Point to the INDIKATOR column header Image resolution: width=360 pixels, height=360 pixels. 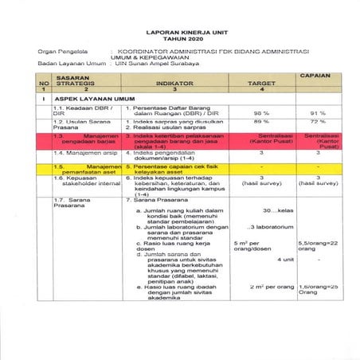pos(176,82)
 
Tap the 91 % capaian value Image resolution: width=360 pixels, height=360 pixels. pos(318,112)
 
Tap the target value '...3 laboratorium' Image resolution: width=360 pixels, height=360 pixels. pos(270,228)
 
